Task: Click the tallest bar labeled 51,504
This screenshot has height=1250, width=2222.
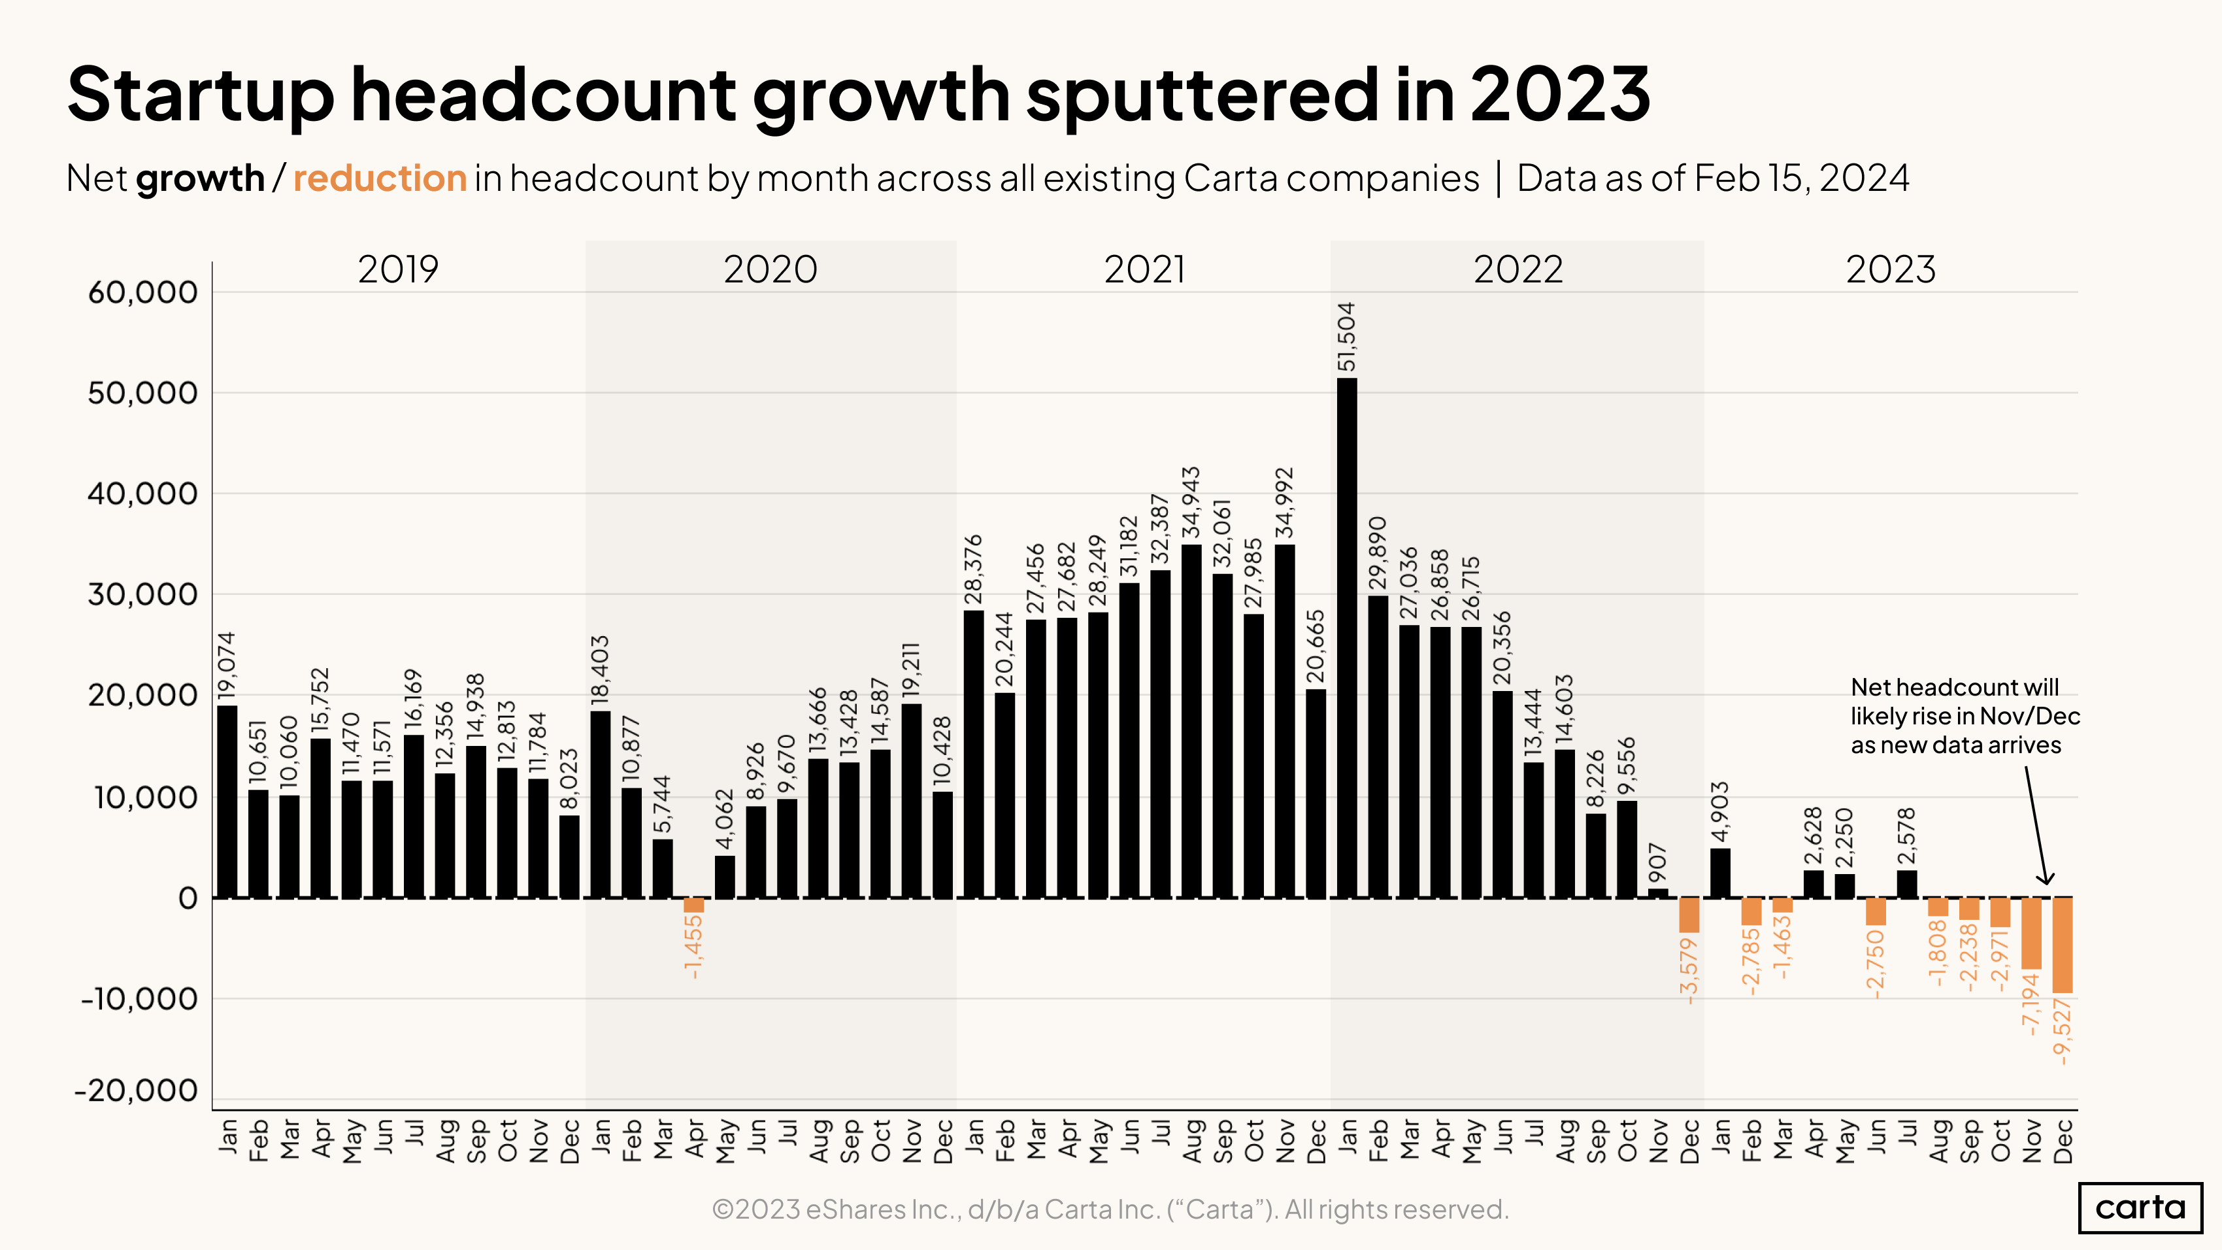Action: [1346, 638]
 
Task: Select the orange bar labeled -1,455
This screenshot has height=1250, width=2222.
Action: [693, 905]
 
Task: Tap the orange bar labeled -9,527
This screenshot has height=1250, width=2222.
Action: [2063, 945]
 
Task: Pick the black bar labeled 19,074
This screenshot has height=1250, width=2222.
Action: [227, 802]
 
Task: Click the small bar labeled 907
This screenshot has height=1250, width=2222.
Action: [1658, 894]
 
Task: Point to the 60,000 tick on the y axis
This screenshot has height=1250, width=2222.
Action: [143, 292]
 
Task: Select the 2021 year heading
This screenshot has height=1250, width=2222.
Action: [1144, 270]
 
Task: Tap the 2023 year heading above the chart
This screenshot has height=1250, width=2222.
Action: [1890, 270]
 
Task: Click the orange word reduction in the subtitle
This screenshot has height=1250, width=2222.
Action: [380, 178]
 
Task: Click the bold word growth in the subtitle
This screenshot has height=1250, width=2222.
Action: [200, 178]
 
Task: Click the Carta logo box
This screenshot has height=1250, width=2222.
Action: [2140, 1207]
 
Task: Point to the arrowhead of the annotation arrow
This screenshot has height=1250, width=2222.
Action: [2045, 880]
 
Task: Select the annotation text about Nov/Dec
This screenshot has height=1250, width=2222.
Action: [1963, 716]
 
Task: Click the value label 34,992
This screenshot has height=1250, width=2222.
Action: [1284, 503]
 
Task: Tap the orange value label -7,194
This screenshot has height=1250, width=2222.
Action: [2031, 1004]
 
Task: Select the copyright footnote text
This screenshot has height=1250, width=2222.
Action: [1110, 1209]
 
